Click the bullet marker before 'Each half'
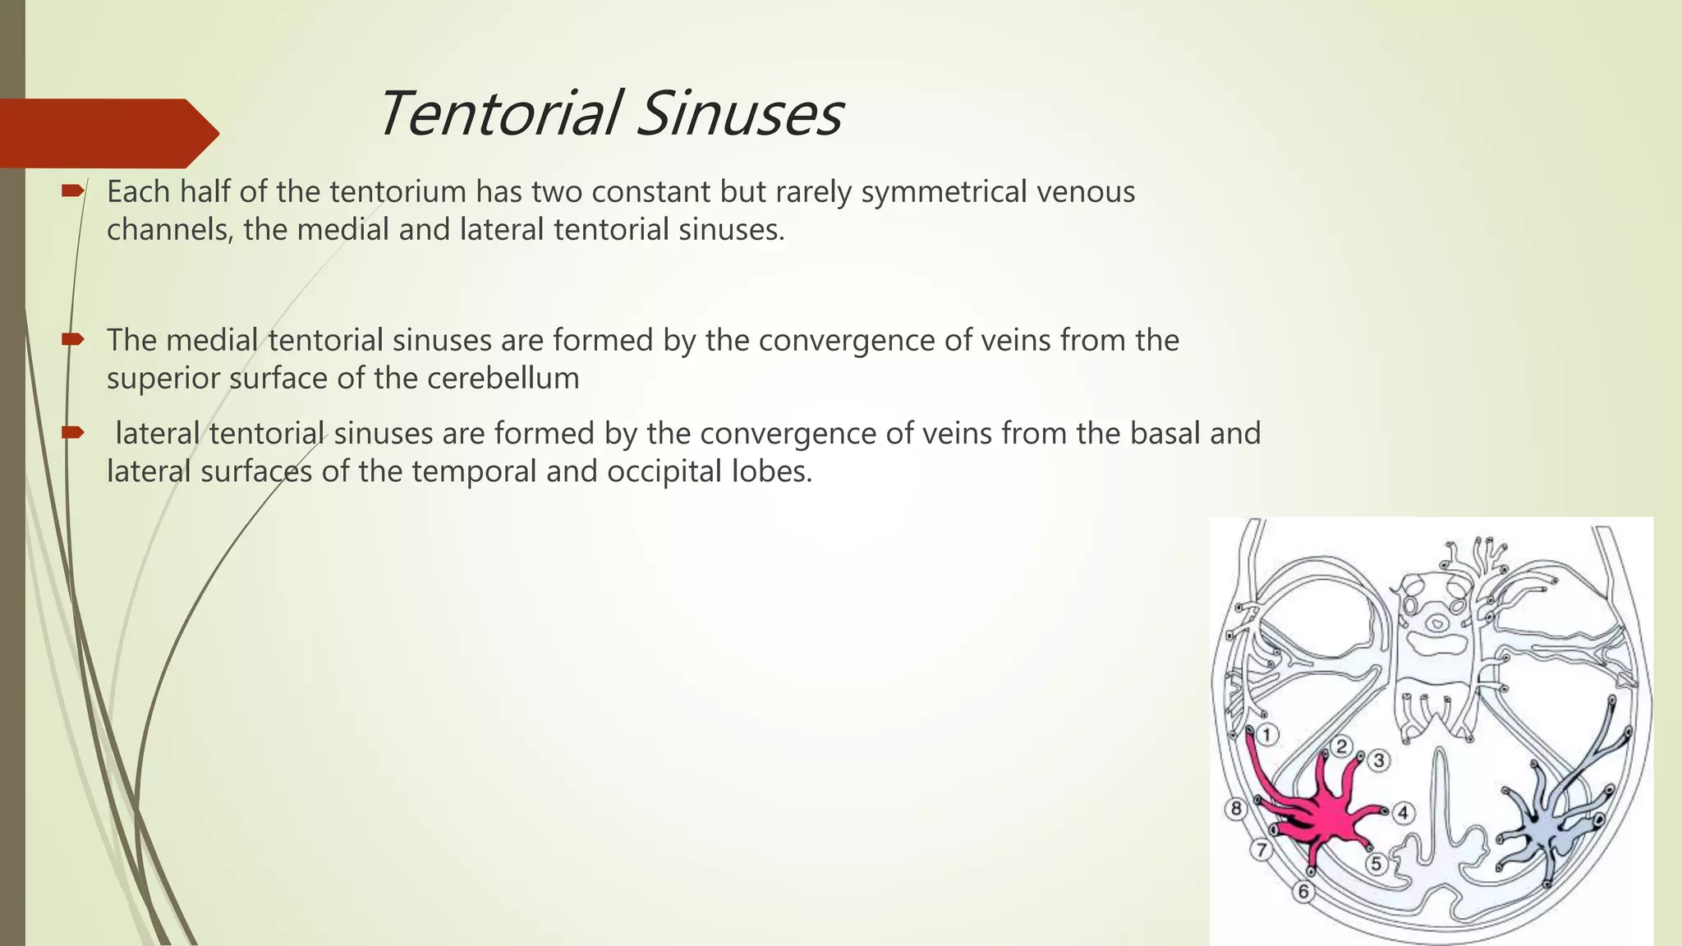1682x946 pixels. click(x=72, y=191)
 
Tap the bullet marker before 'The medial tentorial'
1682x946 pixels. click(x=72, y=340)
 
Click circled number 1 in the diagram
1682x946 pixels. click(x=1267, y=734)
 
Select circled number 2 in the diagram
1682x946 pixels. click(x=1340, y=746)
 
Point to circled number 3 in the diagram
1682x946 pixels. click(x=1379, y=760)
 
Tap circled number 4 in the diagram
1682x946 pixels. click(x=1403, y=813)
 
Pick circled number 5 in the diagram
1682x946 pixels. click(x=1376, y=863)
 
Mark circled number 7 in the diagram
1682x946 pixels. click(x=1261, y=850)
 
